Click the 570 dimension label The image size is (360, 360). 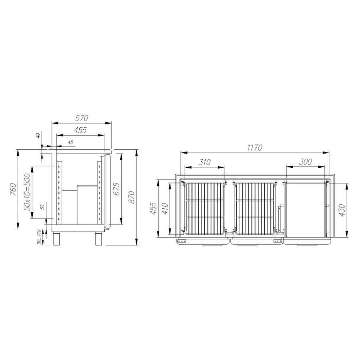(x=82, y=118)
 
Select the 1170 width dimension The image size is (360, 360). (x=255, y=147)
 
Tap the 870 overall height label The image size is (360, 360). (x=131, y=197)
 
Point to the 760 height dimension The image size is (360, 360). (x=13, y=189)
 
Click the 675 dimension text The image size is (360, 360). (x=117, y=189)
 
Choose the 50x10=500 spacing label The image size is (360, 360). (x=27, y=192)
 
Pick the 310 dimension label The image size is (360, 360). (x=204, y=162)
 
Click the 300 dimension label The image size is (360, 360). (x=306, y=162)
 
